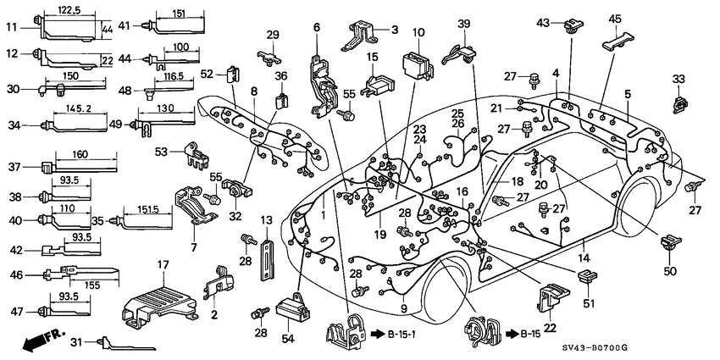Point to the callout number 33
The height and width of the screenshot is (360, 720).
678,80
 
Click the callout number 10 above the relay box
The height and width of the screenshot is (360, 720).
418,32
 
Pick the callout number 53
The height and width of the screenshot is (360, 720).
161,152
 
